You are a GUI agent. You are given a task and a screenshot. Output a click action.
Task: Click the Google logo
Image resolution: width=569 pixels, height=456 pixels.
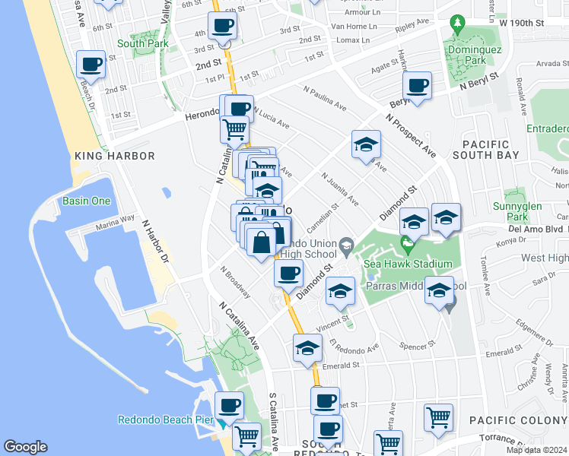pos(25,447)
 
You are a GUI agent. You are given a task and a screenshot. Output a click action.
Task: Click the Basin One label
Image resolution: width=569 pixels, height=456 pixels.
pos(86,201)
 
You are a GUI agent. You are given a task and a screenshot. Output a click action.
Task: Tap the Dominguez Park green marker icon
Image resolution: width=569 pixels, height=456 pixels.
pos(456,24)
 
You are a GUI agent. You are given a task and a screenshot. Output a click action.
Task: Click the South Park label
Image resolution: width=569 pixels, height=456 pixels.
pos(141,43)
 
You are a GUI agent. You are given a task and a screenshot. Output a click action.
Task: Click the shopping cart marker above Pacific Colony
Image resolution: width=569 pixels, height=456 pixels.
pos(438,416)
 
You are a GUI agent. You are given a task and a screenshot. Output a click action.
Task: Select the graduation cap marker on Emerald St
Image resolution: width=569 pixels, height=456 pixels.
pos(307,348)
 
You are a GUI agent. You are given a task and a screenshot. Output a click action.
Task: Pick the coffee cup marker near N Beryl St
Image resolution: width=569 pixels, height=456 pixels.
pos(417,86)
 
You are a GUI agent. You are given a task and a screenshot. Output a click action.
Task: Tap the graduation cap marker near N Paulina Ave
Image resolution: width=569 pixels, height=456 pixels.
pos(366,144)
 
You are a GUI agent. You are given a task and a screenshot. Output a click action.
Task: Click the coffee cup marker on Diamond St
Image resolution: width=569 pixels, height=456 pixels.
pos(288,274)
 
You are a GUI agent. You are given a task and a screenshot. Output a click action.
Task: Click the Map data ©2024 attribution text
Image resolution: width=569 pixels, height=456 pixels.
pos(537,450)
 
